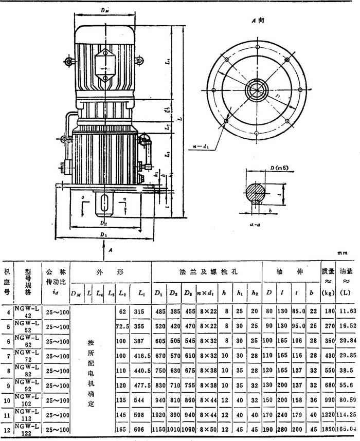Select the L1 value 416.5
(139, 355)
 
